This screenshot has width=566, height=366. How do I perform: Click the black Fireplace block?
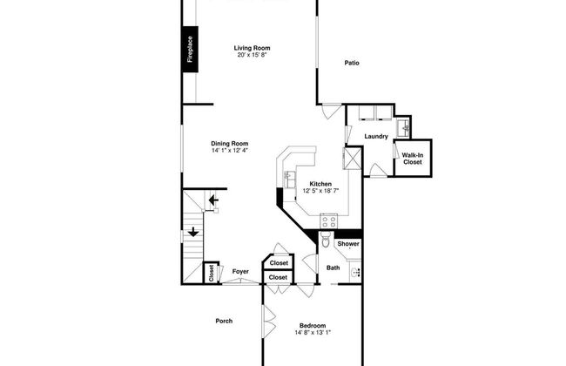(x=190, y=49)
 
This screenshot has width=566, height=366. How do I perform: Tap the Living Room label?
(x=252, y=48)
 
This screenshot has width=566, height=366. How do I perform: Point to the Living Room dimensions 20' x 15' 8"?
(x=252, y=55)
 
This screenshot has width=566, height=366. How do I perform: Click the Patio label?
(x=352, y=63)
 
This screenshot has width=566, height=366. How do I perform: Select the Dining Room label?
(x=230, y=144)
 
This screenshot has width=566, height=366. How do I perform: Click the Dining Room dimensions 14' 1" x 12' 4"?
(x=230, y=150)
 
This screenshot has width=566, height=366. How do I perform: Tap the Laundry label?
(x=376, y=136)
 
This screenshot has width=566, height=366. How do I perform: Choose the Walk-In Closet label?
(x=413, y=159)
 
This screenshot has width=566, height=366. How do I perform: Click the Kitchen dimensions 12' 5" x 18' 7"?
(x=320, y=191)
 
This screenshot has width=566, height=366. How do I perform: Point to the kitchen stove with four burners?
(x=328, y=220)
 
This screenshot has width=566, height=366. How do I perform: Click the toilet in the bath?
(x=326, y=240)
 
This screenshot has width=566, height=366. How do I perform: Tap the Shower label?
(x=348, y=244)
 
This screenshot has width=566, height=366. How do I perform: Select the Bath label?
(x=333, y=268)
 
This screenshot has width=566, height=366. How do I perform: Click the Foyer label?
(x=240, y=271)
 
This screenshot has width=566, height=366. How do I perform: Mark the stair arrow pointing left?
(x=213, y=200)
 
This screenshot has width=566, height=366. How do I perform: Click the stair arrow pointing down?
(x=193, y=232)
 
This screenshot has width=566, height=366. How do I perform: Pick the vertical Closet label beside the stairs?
(x=212, y=273)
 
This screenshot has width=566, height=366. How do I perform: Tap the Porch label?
(x=224, y=321)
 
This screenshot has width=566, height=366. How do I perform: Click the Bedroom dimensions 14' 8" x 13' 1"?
(x=313, y=332)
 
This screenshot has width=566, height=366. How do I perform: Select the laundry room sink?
(x=403, y=127)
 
